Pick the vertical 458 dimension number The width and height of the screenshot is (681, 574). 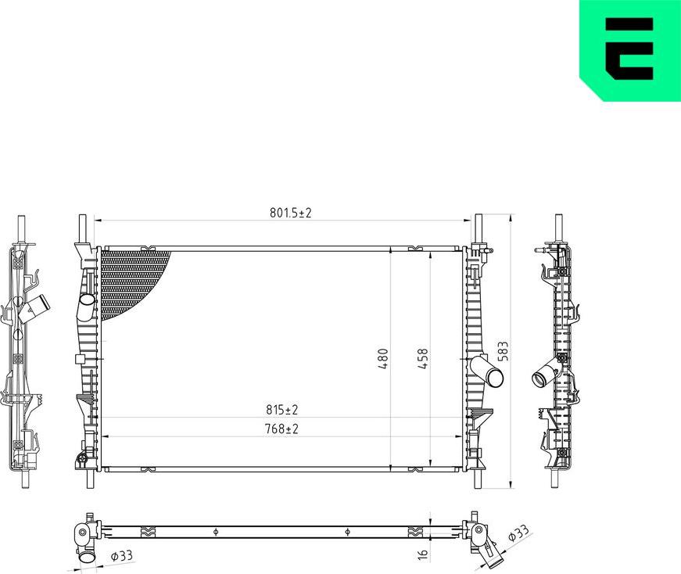click(x=423, y=358)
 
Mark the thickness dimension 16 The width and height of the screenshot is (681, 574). click(x=423, y=554)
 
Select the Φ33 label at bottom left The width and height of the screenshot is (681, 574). click(x=122, y=557)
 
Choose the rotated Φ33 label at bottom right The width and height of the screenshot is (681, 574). click(x=518, y=535)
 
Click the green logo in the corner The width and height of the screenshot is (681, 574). click(x=629, y=50)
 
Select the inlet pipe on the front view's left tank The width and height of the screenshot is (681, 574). click(x=86, y=306)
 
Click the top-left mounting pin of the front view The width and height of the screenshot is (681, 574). click(x=81, y=229)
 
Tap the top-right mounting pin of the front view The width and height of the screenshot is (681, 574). click(x=478, y=229)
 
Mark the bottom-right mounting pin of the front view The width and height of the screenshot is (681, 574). click(x=478, y=478)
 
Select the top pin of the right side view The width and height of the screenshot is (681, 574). click(x=559, y=226)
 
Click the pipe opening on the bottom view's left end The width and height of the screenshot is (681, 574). click(x=86, y=558)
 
